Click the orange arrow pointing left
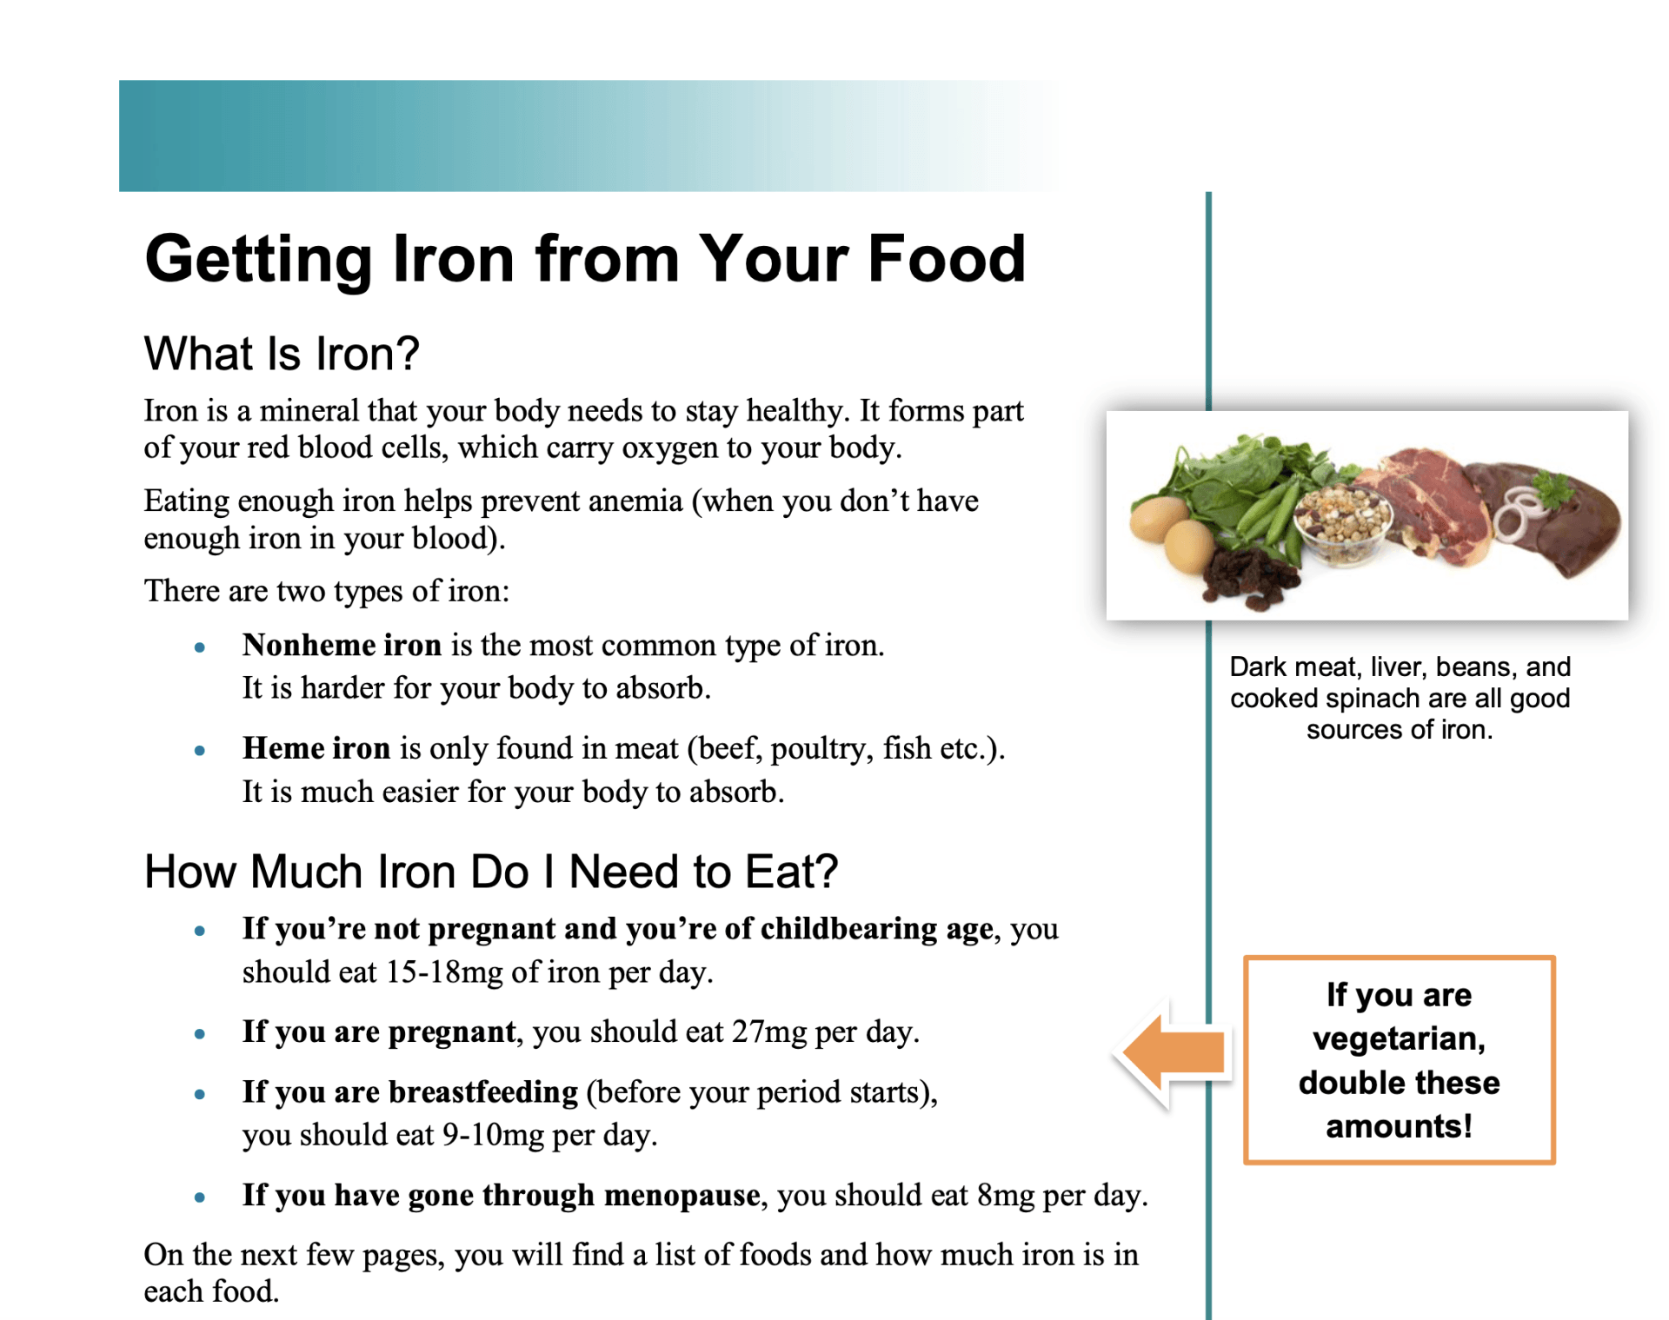pos(1174,1052)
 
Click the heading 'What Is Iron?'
pos(282,354)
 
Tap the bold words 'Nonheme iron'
pos(342,646)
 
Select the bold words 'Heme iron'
pos(316,749)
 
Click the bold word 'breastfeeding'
pos(482,1092)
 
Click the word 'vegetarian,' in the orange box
pos(1399,1038)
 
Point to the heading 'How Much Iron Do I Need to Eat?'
pos(491,872)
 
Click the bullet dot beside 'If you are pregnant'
pos(200,1034)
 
